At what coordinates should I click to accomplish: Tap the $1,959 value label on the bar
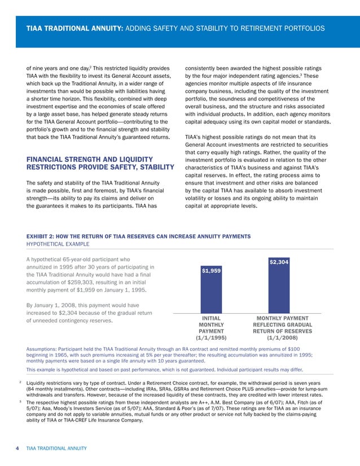(x=210, y=271)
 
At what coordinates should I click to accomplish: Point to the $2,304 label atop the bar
(x=279, y=262)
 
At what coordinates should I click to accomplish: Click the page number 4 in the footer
(x=17, y=448)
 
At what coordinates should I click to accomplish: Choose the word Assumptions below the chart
(x=45, y=349)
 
